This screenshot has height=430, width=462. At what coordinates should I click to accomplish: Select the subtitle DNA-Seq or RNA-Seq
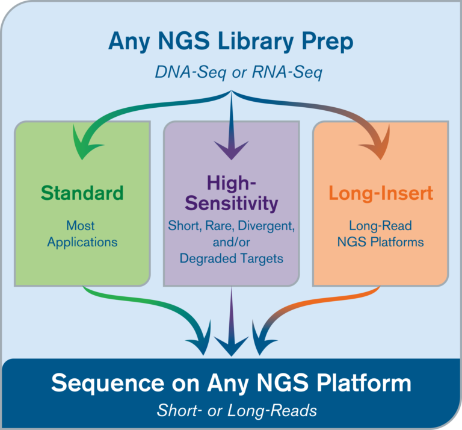[x=239, y=72]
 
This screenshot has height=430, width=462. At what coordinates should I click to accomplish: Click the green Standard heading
[x=82, y=193]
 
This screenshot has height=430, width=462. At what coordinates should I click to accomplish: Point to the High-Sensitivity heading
[x=232, y=193]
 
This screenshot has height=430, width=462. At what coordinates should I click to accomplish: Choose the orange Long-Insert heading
[x=381, y=193]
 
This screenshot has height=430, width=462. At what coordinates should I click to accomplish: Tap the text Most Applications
[x=82, y=234]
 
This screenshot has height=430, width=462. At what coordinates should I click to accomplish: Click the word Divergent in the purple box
[x=266, y=226]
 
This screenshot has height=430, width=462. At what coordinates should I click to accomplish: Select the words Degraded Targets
[x=232, y=258]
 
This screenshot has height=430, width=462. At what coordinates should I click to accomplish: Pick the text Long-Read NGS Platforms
[x=380, y=234]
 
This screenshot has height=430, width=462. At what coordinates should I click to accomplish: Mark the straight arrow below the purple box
[x=231, y=322]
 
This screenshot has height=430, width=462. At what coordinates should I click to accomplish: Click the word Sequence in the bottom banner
[x=108, y=384]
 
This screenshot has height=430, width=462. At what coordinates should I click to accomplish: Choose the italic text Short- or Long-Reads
[x=236, y=410]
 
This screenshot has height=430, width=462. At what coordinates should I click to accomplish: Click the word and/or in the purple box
[x=232, y=243]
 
